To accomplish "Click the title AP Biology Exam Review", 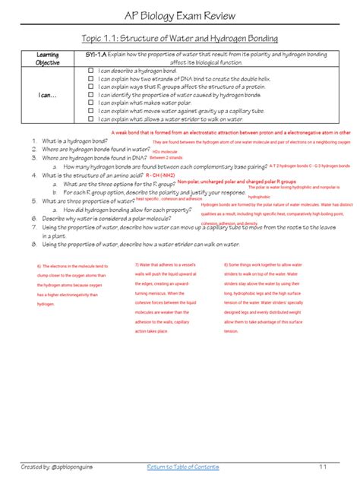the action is tap(179, 16).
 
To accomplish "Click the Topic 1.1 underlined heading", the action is tap(179, 39).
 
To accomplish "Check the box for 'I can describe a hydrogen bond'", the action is tap(90, 70).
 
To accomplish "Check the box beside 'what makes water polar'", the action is tap(90, 103).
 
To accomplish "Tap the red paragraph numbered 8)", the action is tap(266, 298).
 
